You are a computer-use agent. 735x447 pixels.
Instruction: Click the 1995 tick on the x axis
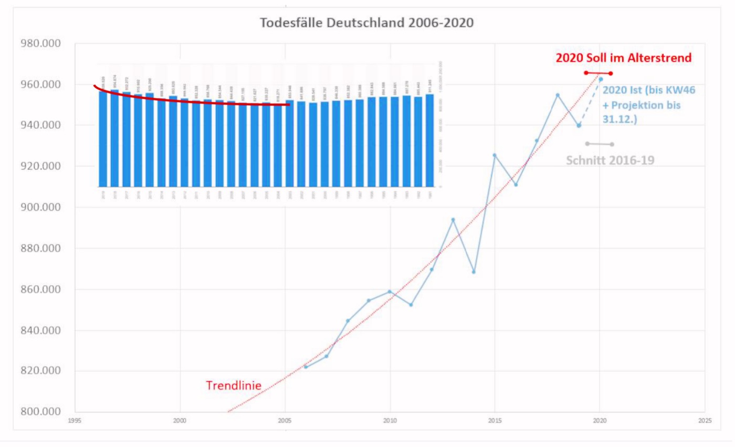(x=76, y=421)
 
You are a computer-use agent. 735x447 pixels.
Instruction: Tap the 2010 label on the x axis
(x=390, y=421)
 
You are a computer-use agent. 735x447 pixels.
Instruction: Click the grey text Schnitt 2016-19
(x=610, y=160)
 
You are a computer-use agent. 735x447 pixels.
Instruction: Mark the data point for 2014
(x=474, y=272)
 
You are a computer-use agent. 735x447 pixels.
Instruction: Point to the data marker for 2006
(x=306, y=367)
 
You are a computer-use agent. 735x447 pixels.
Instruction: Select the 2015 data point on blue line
(x=495, y=155)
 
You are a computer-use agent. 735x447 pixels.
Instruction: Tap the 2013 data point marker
(x=453, y=219)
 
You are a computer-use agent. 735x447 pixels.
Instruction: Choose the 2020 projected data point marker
(x=601, y=79)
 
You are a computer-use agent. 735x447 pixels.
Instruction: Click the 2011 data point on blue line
(x=411, y=304)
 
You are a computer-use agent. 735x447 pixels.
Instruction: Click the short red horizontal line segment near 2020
(x=598, y=73)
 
